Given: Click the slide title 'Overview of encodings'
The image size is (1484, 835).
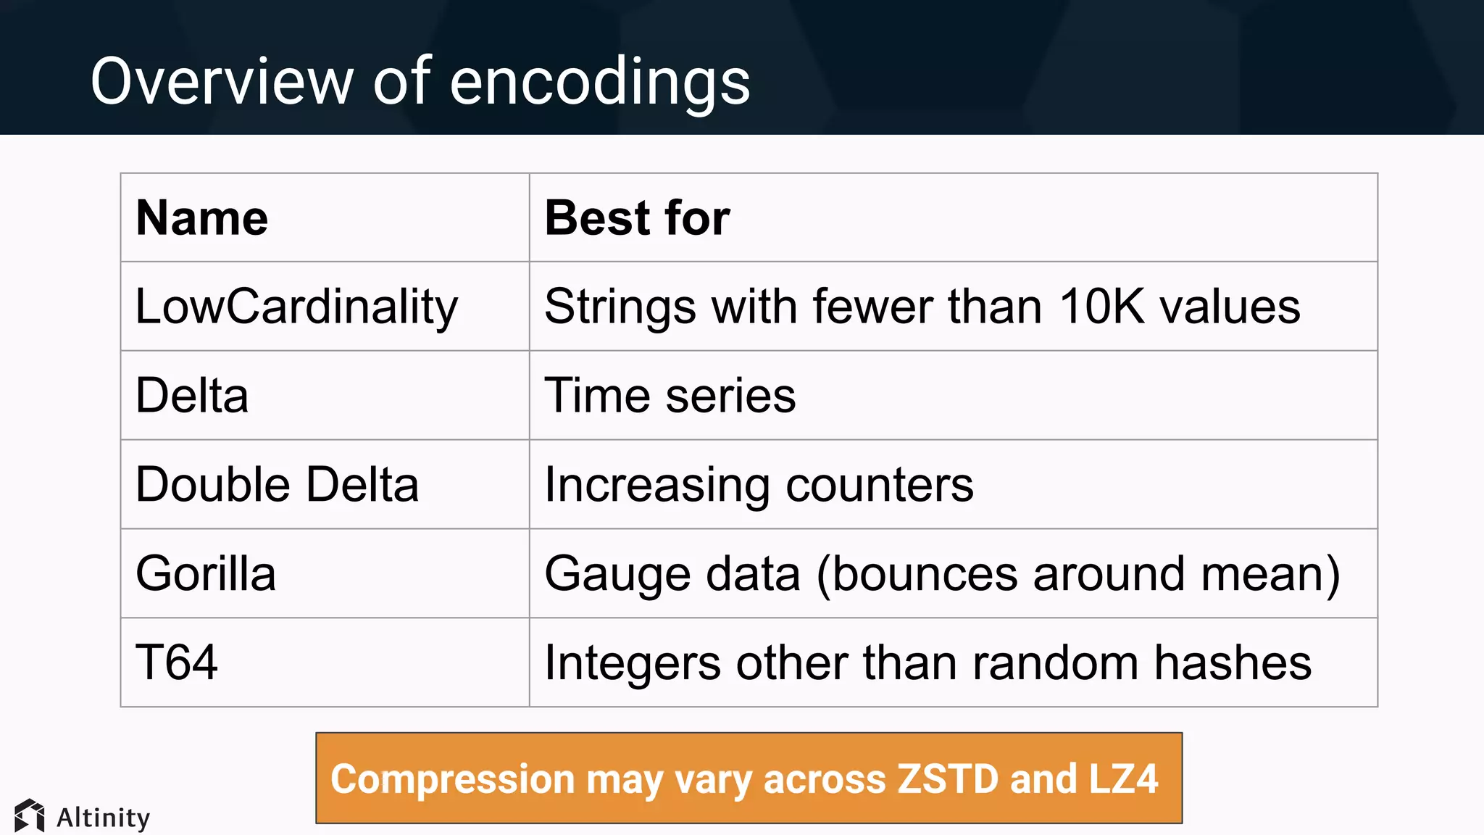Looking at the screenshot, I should pos(420,81).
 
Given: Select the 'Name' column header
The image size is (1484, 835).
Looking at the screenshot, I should pos(202,217).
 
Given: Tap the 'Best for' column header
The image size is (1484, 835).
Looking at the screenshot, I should pos(637,217).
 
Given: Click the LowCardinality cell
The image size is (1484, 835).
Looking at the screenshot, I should pos(296,307).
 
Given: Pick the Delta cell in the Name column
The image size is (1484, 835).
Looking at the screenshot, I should pos(192,396).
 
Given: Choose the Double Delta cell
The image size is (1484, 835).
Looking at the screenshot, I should pos(277,484).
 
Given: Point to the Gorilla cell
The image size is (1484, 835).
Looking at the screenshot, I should pos(206,573).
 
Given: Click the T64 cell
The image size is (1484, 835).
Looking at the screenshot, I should pos(177,662).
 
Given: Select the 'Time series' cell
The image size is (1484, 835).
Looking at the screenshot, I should pos(670,396).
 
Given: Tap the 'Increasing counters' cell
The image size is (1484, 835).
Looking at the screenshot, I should pos(759,484).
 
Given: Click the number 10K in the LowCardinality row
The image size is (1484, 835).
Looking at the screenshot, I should pos(1101,307).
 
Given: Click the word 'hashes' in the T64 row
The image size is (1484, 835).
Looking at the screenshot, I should pos(1233,662).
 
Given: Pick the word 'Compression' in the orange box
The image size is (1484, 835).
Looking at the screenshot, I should pos(453,780).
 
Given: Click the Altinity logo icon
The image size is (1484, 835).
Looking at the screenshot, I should pos(30,816).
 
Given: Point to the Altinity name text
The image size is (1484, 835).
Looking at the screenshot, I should pos(103,818).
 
